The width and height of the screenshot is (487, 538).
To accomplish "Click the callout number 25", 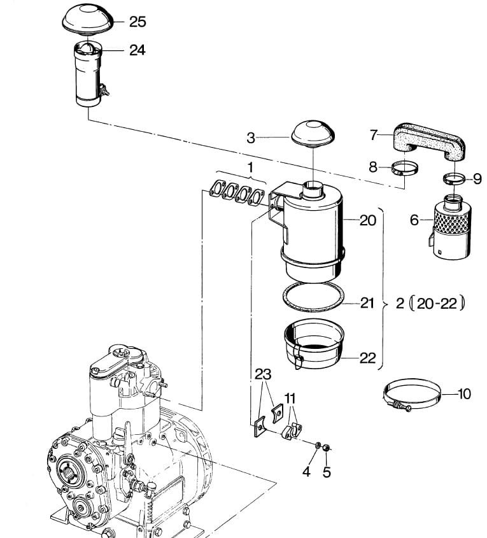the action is coord(138,22).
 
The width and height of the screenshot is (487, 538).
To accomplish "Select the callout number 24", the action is coord(137,50).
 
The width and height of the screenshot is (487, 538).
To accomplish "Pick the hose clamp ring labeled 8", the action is coord(405,169).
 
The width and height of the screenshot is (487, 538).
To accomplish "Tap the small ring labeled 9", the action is coord(454,178).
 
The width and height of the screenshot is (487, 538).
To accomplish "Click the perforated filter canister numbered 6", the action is coord(450,227).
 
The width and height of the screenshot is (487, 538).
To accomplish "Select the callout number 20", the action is coord(368,220).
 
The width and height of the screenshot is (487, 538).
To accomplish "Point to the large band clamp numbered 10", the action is coord(411,395).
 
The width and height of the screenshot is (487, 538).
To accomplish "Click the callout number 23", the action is coord(263,374).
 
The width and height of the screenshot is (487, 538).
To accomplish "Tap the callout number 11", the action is coord(290,399).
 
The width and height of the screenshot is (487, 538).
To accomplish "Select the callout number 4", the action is coord(306,472).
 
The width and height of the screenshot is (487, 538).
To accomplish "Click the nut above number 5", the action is coord(327,448).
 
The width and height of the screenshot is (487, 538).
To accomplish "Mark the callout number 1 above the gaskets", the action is coord(250,167).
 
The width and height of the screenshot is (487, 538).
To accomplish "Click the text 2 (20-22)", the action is coord(430,303).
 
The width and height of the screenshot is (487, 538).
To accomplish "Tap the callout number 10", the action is coord(464,394).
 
